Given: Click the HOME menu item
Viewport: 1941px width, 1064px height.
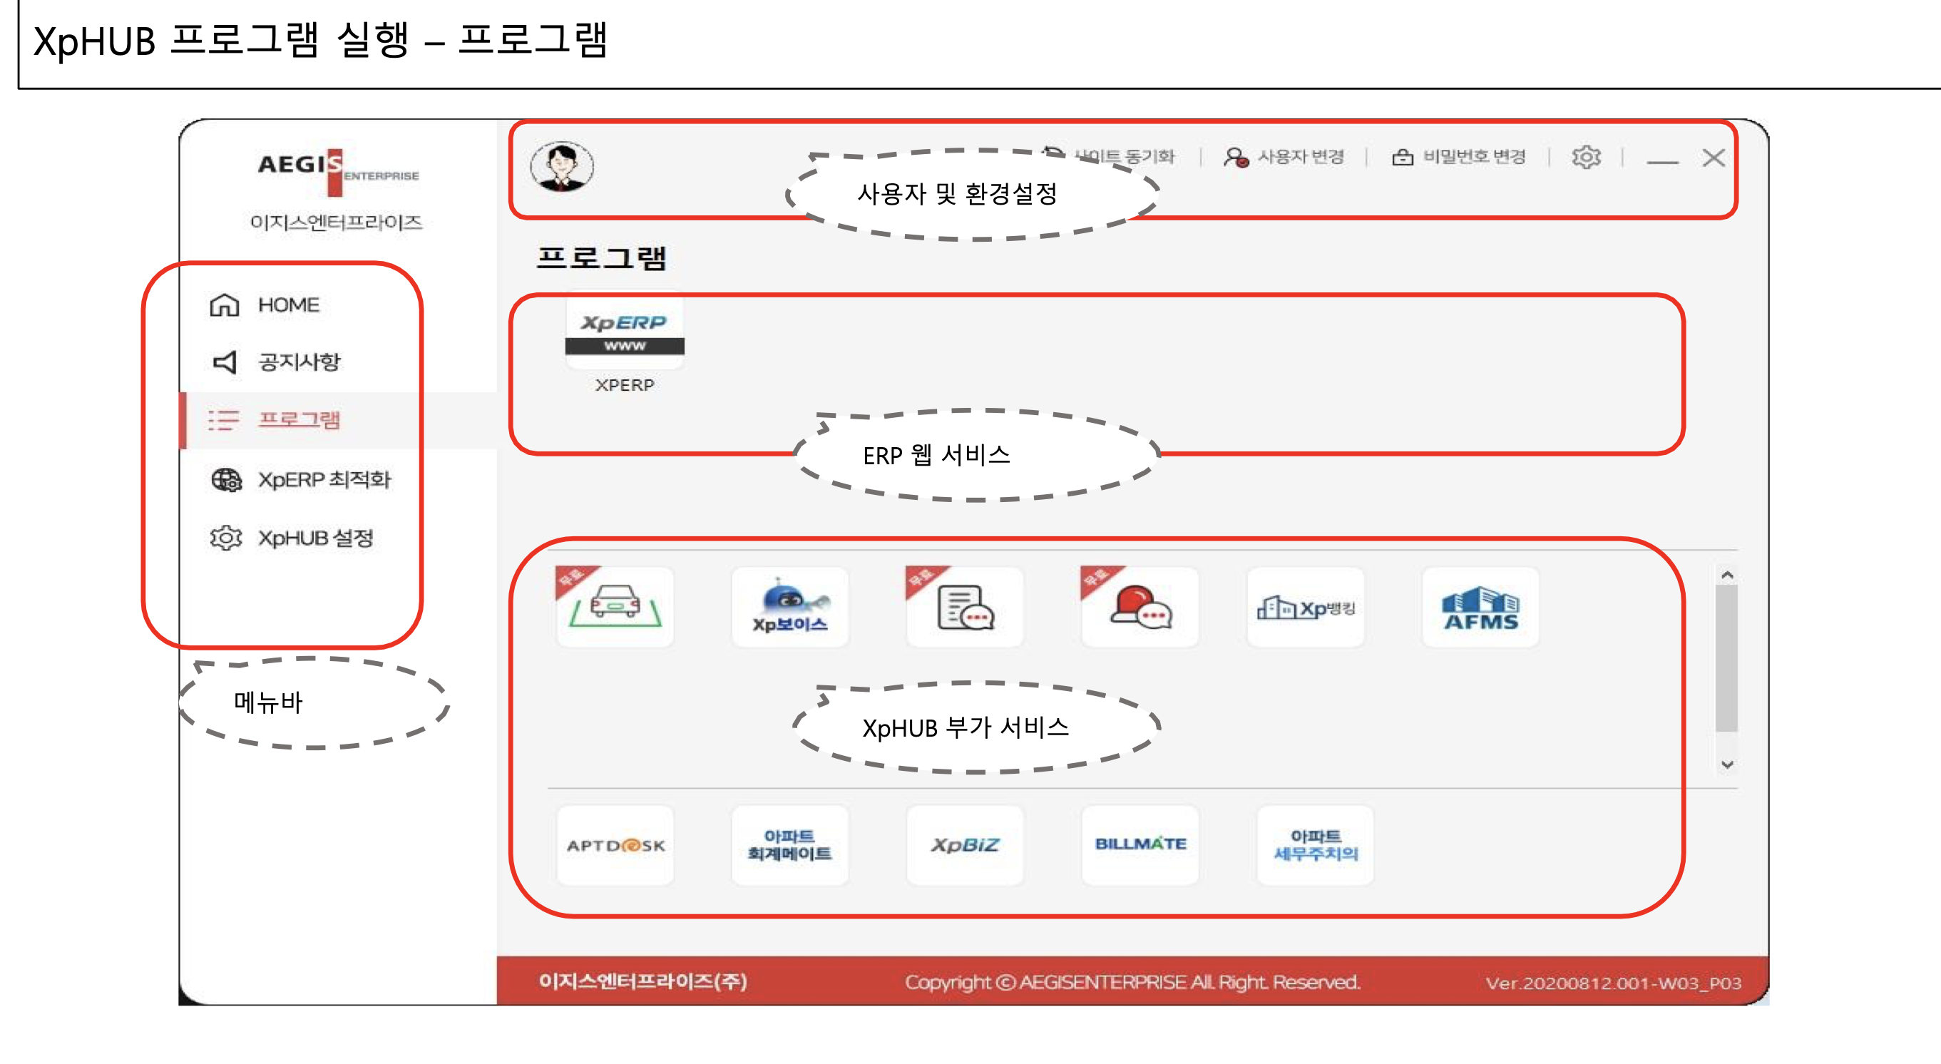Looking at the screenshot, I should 287,305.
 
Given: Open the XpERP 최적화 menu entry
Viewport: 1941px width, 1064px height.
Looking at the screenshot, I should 323,479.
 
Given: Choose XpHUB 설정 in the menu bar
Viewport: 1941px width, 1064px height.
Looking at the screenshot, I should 315,538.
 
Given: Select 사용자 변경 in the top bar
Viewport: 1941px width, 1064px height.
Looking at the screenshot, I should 1284,157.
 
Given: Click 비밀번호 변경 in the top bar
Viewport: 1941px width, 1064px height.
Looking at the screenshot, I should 1459,157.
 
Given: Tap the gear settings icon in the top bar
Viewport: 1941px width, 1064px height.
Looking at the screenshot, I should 1585,157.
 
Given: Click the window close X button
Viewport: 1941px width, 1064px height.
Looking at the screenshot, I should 1714,158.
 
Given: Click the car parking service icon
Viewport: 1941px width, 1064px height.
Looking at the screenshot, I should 615,608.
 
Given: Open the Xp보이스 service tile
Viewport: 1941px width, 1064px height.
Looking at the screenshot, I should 789,608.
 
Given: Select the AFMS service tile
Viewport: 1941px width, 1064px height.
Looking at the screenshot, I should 1480,608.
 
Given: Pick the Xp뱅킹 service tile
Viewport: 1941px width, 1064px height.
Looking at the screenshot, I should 1306,608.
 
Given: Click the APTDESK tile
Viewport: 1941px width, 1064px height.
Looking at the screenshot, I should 615,846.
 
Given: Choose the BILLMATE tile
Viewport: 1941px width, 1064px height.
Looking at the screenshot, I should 1140,845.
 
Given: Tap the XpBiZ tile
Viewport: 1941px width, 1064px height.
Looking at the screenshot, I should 965,845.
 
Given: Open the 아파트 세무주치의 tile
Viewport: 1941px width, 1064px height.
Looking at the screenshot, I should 1315,845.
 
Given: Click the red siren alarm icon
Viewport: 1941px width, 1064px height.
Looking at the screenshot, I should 1139,608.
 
